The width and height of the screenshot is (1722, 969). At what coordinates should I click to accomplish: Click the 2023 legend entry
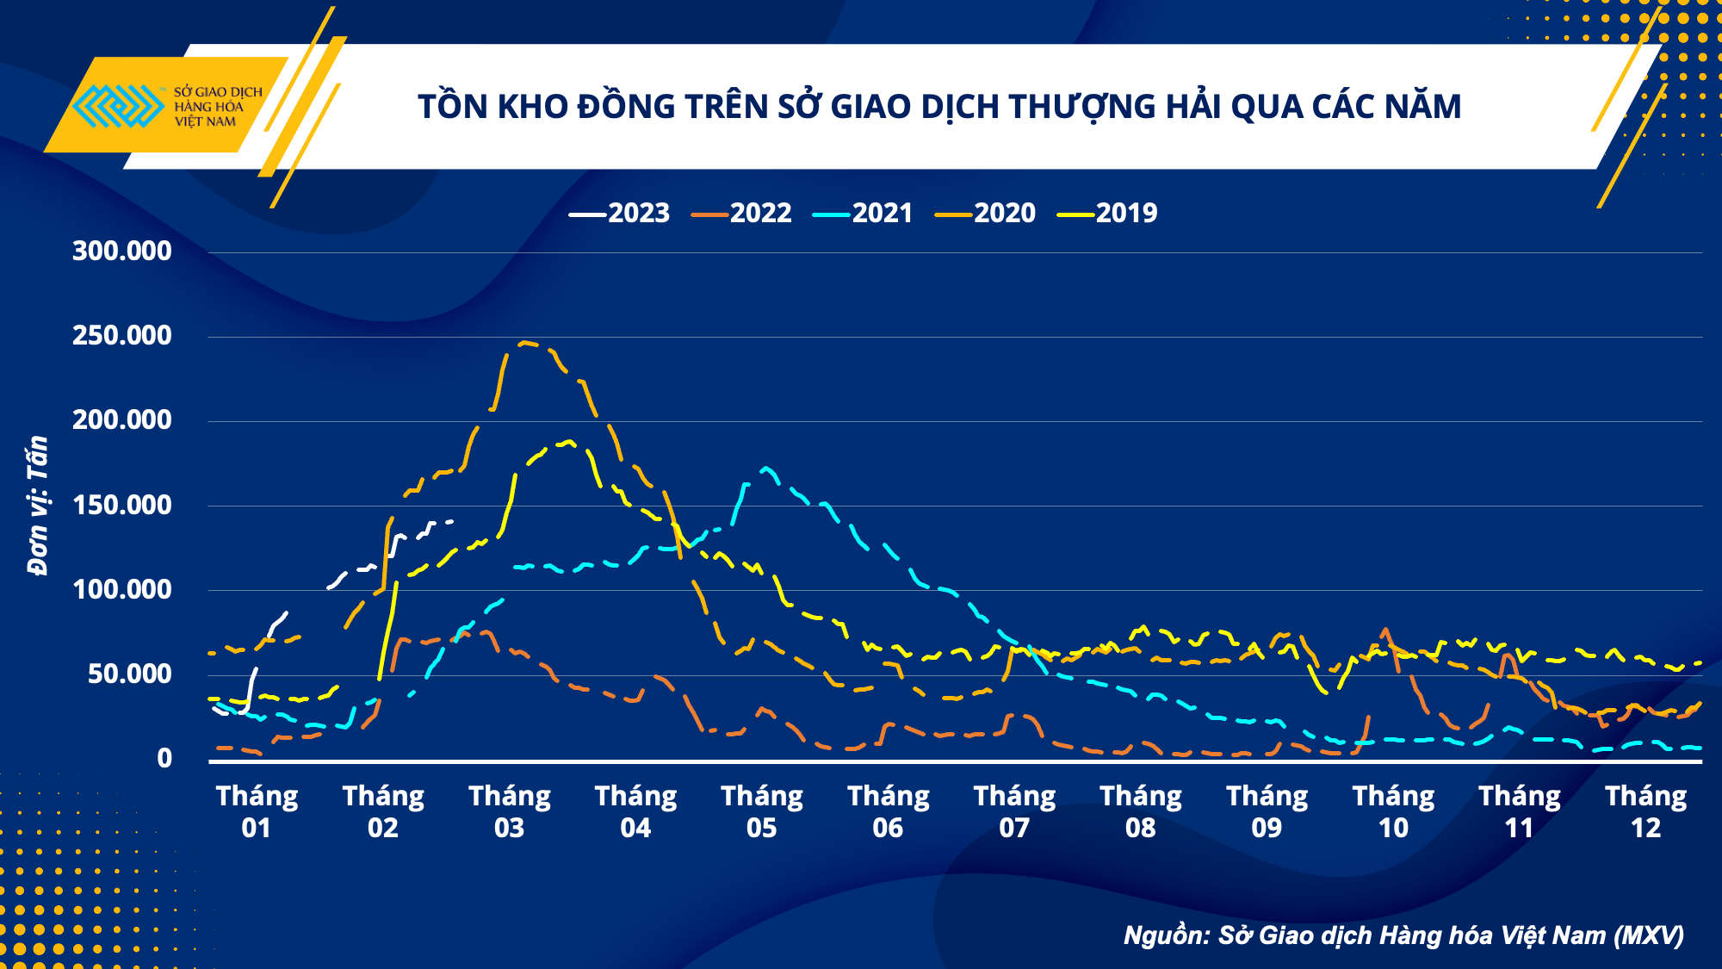(620, 213)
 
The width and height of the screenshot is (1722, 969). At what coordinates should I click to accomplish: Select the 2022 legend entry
(742, 213)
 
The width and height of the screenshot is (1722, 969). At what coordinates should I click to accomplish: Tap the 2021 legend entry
(864, 213)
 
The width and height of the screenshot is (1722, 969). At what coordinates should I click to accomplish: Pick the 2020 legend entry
(986, 213)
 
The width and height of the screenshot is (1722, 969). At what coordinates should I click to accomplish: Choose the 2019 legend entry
(1108, 213)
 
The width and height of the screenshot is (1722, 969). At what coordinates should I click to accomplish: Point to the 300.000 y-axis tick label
(121, 252)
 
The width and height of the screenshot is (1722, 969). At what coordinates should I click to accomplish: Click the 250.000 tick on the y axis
(121, 336)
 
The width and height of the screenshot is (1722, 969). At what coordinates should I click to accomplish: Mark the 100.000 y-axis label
(121, 590)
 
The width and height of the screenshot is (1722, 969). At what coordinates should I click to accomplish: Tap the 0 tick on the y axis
(164, 759)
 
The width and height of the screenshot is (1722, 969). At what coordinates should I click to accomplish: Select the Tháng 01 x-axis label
(257, 811)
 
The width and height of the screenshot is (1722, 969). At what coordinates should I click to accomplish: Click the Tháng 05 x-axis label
(762, 811)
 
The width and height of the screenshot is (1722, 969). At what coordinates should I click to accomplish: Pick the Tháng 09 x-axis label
(1267, 811)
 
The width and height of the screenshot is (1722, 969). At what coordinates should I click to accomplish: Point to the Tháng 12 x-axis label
(1645, 811)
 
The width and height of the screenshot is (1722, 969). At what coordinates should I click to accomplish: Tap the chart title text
(939, 107)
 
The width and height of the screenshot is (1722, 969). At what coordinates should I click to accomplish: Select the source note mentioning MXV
(1403, 935)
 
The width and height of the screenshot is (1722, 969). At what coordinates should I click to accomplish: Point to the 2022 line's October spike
(1384, 630)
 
